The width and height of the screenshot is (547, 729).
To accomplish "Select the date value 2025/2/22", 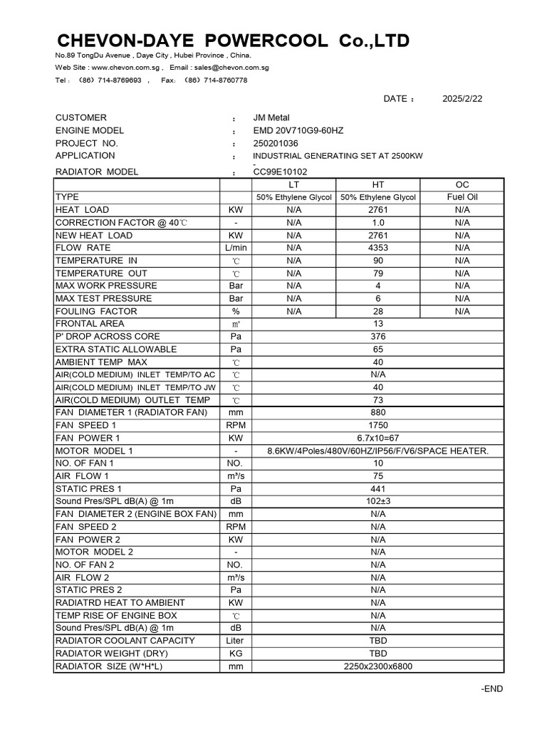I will click(462, 99).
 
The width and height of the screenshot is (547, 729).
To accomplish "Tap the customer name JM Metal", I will click(271, 117).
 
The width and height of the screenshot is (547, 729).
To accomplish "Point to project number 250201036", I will click(276, 142).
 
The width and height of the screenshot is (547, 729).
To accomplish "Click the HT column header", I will click(378, 184).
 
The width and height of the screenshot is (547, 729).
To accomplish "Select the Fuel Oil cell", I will click(462, 197).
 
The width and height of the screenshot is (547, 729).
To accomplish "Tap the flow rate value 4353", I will click(378, 248).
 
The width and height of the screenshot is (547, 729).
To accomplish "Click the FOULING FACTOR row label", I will click(96, 311).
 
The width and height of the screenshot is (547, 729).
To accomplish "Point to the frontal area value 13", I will click(378, 324).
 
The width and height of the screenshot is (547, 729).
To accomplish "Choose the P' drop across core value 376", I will click(378, 337).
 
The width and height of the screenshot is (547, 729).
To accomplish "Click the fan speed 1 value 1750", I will click(378, 425).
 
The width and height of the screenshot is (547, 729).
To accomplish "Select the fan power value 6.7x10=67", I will click(378, 438).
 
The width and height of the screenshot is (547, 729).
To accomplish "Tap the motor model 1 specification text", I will click(378, 451).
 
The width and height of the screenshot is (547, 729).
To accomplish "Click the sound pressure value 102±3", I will click(378, 501).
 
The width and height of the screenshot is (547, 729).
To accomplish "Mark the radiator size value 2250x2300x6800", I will click(378, 666).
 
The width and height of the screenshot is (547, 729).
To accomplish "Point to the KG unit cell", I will click(235, 654).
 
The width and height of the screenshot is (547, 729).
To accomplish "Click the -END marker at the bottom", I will click(492, 689).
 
